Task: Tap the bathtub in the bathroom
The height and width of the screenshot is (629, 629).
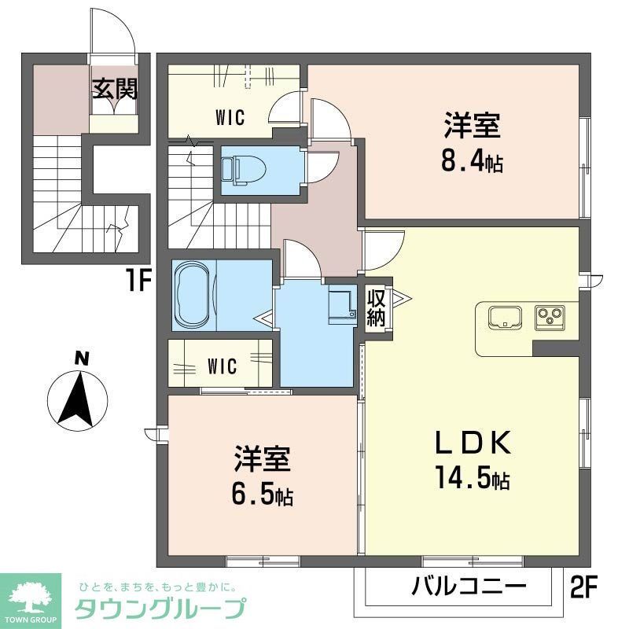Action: pos(192,295)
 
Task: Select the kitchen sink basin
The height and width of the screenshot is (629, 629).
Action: pos(503,318)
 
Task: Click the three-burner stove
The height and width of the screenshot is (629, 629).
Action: pos(547,318)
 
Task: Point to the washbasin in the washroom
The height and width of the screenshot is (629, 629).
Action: pos(341,305)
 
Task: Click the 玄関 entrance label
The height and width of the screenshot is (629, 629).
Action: pos(115,89)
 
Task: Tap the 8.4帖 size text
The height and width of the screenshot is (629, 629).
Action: pos(473,164)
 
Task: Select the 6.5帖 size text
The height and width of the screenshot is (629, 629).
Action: pos(263,495)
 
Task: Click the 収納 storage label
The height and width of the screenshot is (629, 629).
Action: pos(377,307)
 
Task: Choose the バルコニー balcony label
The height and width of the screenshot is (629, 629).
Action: pos(469,586)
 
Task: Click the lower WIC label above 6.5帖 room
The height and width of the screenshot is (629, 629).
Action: pos(223,366)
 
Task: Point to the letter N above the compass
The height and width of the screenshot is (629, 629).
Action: pos(80,359)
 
